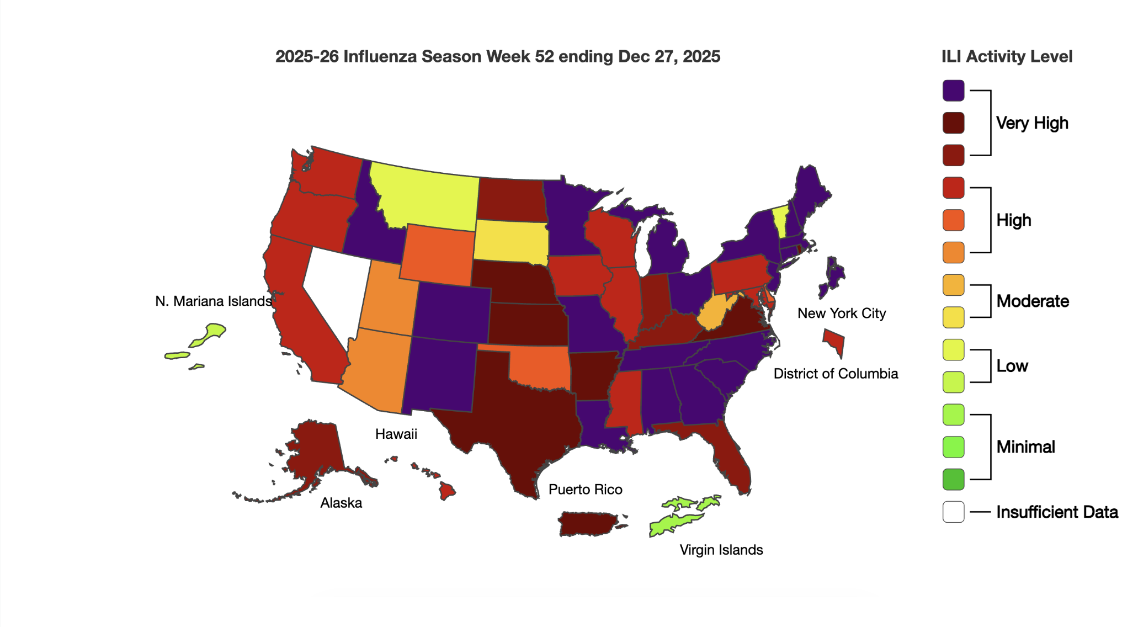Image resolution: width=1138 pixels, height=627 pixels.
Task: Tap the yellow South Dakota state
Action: (510, 241)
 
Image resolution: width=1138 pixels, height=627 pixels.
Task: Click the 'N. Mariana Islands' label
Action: (214, 301)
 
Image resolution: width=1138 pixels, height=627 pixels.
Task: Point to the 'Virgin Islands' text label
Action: (721, 550)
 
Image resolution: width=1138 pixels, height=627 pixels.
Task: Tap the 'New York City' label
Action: (841, 313)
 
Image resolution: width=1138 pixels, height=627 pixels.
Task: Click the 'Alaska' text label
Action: (341, 503)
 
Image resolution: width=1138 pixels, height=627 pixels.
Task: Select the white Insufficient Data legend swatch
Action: (953, 512)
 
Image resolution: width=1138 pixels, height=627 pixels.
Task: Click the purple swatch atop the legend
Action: (953, 91)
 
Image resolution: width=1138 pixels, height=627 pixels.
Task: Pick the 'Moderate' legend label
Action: (1032, 301)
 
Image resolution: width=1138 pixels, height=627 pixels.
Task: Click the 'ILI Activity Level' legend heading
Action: (1006, 56)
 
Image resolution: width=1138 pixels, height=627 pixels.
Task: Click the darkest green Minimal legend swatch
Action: (953, 479)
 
